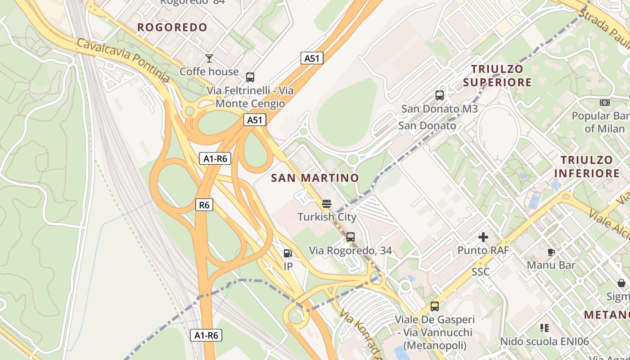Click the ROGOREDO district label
pos(172,27)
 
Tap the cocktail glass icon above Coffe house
pos(209,58)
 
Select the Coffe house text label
pos(209,72)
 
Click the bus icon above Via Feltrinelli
pos(250,77)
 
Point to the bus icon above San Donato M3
pos(440,95)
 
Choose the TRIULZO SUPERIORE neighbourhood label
pos(497,76)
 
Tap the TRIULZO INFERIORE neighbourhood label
pos(587,166)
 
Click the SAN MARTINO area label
pos(315,178)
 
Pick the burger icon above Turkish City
pos(327,204)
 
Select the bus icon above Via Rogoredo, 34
pos(350,237)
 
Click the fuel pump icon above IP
pos(288,253)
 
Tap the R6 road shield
pos(204,205)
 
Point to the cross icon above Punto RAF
pos(483,237)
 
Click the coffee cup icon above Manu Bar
pos(551,252)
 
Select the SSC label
pos(481,272)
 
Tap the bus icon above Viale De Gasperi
pos(435,306)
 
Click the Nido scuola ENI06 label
pos(544,342)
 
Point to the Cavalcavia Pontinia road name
pos(123,60)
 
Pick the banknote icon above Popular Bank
pos(605,103)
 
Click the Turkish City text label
pos(327,217)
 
